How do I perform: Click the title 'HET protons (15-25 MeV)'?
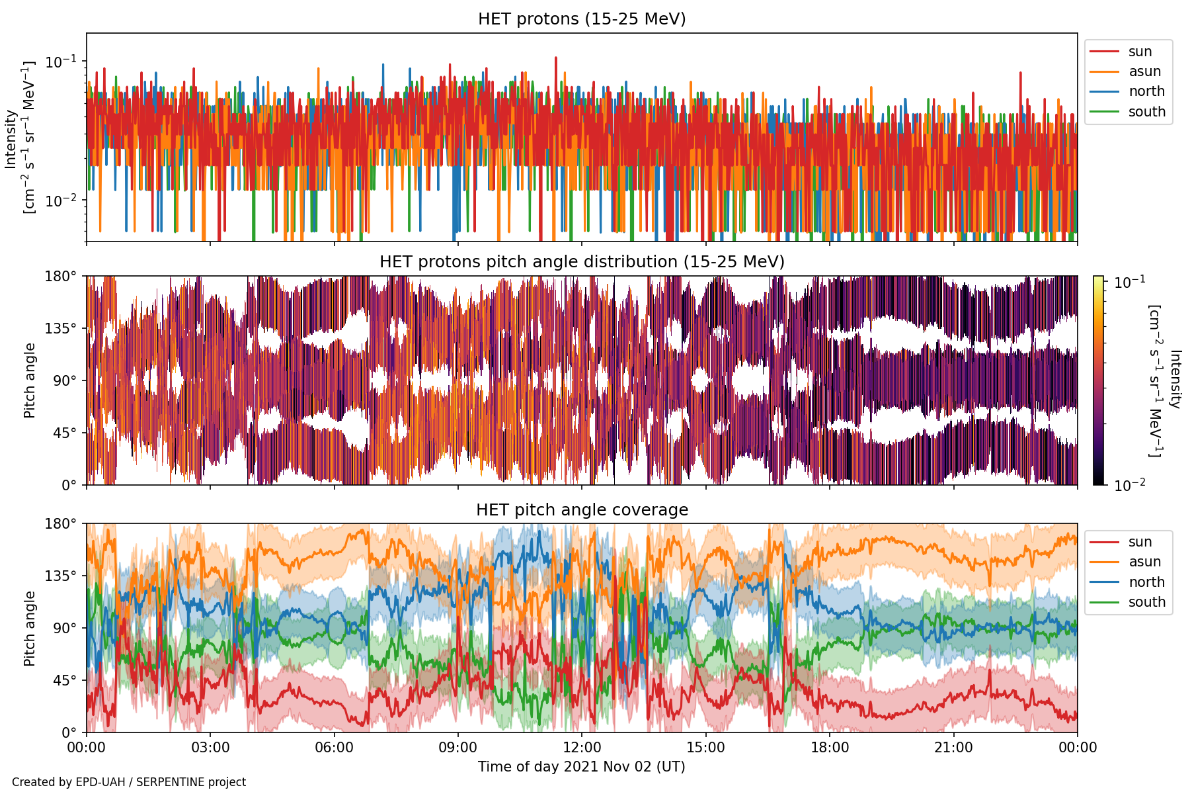point(582,19)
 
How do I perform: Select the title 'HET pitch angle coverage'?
point(582,509)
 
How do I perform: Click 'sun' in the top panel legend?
point(1140,52)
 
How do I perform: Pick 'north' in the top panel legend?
point(1146,91)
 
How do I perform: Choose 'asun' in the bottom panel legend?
point(1144,562)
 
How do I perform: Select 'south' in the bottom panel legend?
point(1147,602)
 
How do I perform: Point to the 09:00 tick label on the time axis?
point(458,748)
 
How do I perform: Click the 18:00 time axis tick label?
point(830,748)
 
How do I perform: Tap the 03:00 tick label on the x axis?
point(210,748)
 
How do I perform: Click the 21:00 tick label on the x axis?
point(954,748)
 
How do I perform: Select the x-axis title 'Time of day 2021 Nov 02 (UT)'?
point(582,766)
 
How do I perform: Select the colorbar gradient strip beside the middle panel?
point(1099,380)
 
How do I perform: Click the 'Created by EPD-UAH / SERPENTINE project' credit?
point(129,782)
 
